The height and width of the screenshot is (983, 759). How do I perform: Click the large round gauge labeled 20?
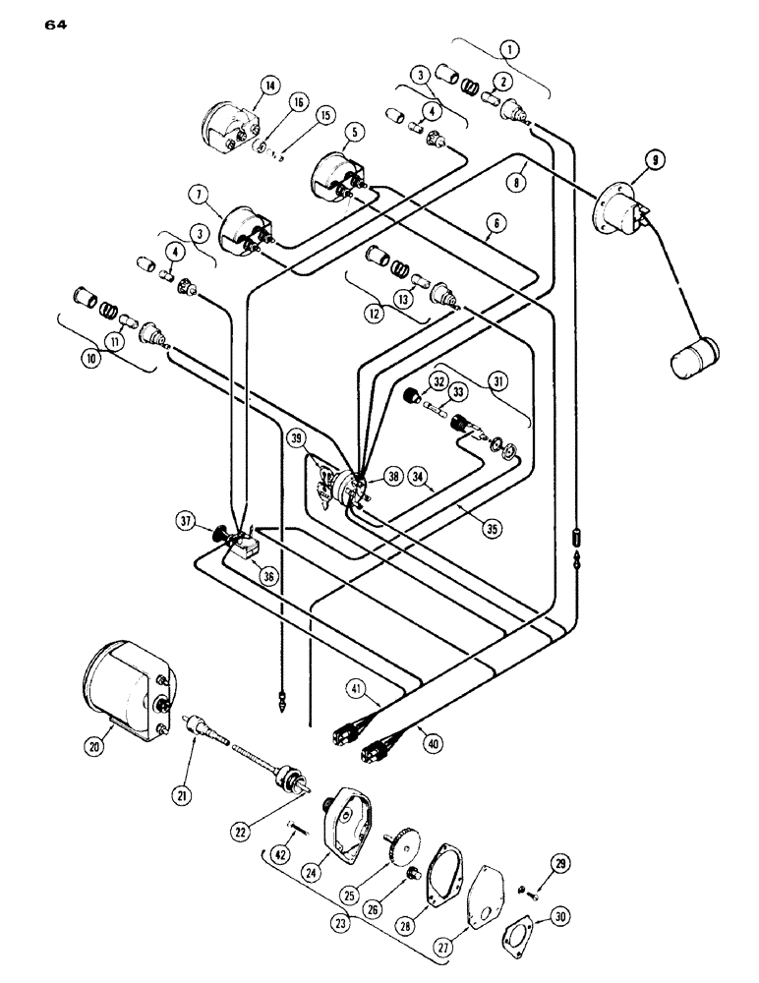pyautogui.click(x=123, y=681)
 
